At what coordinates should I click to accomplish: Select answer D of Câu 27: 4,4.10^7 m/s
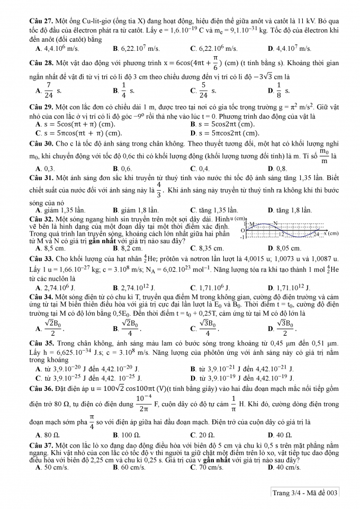pyautogui.click(x=292, y=49)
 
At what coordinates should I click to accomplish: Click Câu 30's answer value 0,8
pyautogui.click(x=279, y=169)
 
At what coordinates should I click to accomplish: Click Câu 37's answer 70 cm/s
pyautogui.click(x=210, y=468)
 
